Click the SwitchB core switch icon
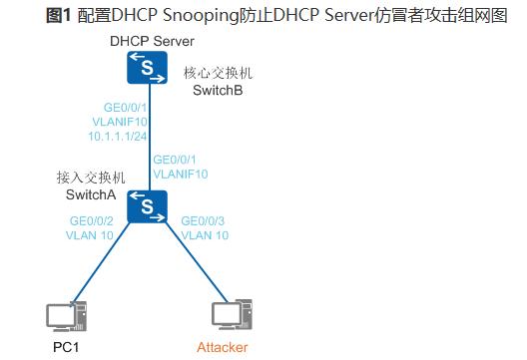tap(150, 68)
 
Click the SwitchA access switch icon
tap(150, 206)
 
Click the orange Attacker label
tap(222, 348)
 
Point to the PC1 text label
tap(66, 348)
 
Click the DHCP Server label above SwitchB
tap(153, 40)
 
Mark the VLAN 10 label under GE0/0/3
tap(206, 235)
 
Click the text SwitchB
tap(219, 90)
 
